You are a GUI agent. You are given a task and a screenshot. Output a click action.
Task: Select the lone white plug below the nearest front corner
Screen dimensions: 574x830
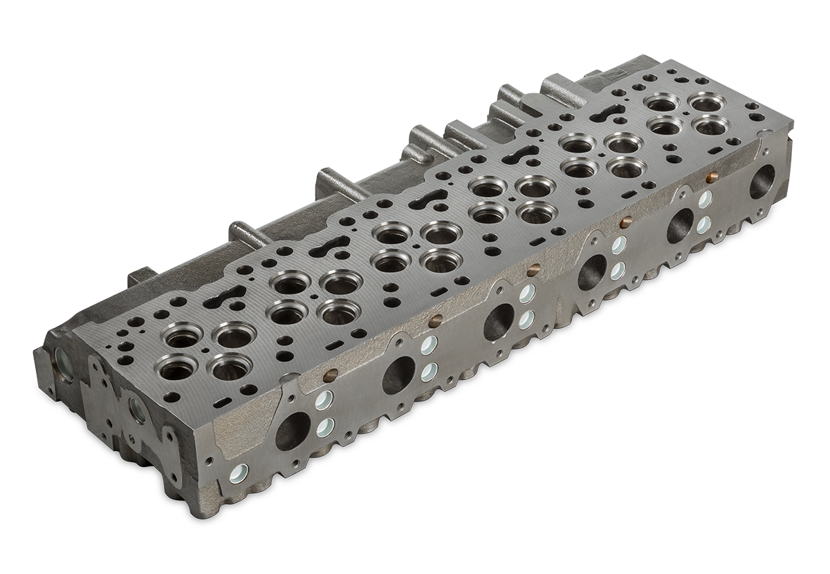(x=238, y=475)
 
